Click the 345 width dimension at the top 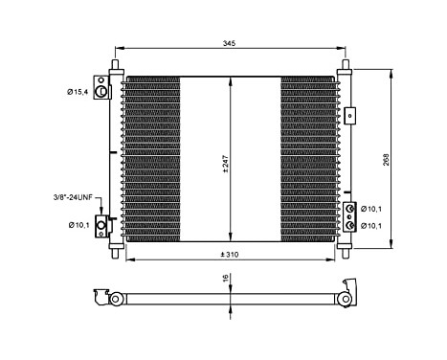229,45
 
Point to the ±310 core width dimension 230,254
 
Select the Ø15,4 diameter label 78,91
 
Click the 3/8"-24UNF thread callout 73,197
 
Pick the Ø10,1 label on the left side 78,225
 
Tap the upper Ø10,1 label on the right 371,208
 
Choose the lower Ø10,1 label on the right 371,226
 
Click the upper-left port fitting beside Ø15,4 101,89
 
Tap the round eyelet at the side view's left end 114,299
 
